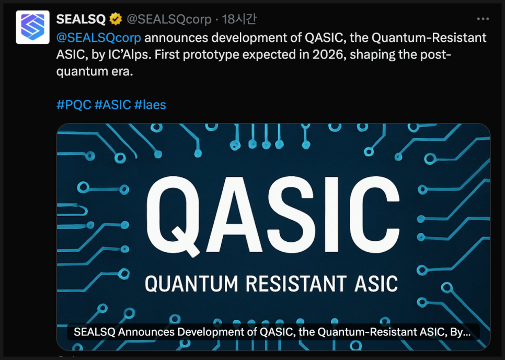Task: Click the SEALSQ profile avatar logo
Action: pos(32,27)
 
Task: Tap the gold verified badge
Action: pos(116,19)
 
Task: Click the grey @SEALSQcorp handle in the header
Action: pos(169,19)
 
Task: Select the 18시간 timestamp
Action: pos(239,19)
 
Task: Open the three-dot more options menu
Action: pos(483,19)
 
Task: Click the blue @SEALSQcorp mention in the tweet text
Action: pos(99,38)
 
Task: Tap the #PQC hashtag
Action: pos(74,105)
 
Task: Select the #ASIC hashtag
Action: pos(113,105)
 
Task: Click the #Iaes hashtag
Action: pos(150,105)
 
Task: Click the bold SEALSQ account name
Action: pos(81,19)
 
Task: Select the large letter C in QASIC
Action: pos(372,214)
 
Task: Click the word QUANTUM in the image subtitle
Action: pos(191,284)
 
